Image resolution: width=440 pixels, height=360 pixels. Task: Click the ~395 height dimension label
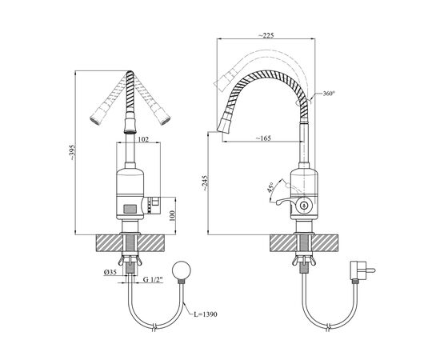[x=73, y=152]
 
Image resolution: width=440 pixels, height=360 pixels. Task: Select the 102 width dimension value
[x=143, y=139]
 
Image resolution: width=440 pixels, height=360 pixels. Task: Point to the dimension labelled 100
[x=172, y=216]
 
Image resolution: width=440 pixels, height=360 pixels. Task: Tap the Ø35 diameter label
[x=110, y=272]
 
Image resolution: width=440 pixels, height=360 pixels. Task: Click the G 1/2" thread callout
[x=153, y=279]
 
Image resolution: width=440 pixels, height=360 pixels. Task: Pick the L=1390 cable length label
[x=206, y=314]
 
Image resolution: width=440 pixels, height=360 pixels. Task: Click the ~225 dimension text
[x=266, y=35]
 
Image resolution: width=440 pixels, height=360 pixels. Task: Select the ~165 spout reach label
[x=263, y=138]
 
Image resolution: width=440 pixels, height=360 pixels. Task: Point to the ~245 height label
[x=205, y=183]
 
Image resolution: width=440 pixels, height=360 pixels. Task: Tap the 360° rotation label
[x=328, y=94]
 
